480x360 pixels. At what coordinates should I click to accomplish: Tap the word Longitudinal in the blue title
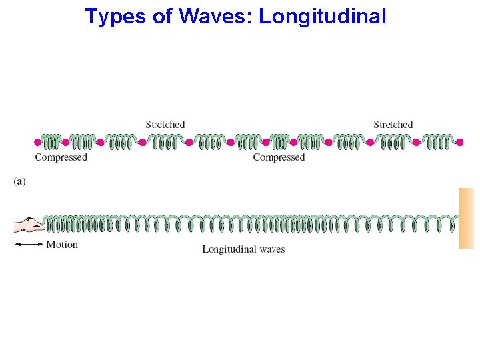[322, 16]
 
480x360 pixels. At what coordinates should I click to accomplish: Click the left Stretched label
[165, 125]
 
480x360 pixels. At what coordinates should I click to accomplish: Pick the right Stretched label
[393, 125]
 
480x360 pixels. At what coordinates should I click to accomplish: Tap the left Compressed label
[61, 157]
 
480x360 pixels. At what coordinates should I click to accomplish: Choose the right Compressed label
[279, 157]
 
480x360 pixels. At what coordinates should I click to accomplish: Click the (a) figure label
[19, 181]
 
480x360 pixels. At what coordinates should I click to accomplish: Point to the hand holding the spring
[28, 225]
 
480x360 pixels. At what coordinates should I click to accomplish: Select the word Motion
[62, 245]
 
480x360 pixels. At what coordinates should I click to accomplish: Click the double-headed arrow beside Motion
[29, 245]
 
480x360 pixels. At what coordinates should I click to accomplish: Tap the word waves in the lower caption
[270, 249]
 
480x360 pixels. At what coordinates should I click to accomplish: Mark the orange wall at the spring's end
[466, 218]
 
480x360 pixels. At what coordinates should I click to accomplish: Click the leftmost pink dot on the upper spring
[37, 142]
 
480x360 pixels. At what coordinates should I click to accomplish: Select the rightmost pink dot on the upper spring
[459, 142]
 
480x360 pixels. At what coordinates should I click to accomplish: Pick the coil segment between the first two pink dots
[51, 142]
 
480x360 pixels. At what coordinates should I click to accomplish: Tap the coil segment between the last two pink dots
[438, 142]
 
